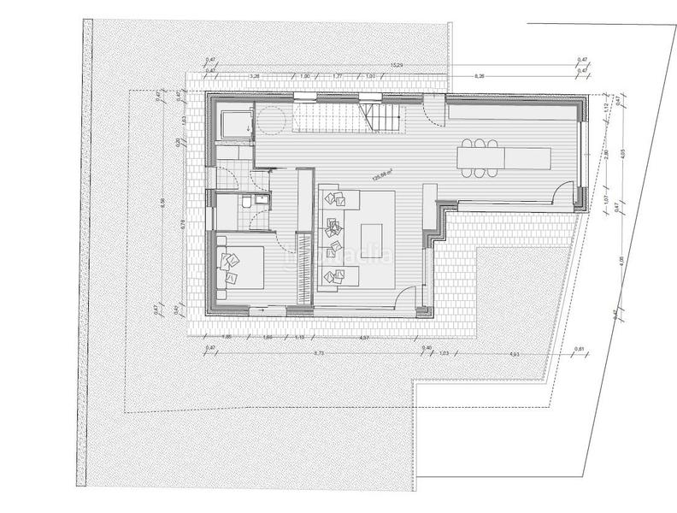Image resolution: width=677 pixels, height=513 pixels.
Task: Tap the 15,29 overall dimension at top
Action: click(x=396, y=65)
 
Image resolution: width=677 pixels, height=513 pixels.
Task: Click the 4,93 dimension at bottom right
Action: click(x=515, y=353)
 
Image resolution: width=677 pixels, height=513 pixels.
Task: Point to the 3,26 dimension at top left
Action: click(x=254, y=77)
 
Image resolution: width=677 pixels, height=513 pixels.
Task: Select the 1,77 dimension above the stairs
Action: click(x=338, y=77)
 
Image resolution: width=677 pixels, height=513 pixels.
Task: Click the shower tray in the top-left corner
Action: click(x=234, y=124)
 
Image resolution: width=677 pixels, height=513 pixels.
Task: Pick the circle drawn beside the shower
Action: click(x=274, y=121)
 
